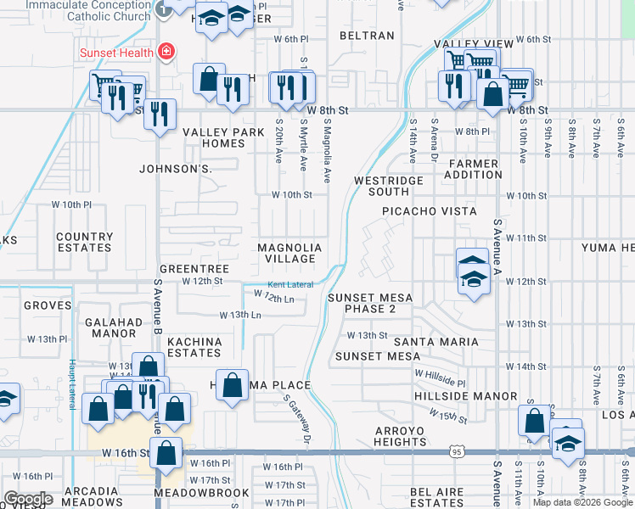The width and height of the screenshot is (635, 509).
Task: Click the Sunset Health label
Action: [x=116, y=53]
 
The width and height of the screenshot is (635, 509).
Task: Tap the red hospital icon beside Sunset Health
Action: [x=166, y=53]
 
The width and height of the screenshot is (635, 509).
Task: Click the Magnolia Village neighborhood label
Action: [x=290, y=253]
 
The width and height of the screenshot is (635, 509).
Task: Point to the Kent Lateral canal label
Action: [x=291, y=284]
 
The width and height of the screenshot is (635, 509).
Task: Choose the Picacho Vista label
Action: [x=429, y=210]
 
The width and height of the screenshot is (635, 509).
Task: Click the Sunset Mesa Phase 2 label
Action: [x=370, y=303]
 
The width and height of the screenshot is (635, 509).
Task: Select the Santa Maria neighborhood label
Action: [x=436, y=341]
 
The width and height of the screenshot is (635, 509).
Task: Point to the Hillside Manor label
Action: [x=466, y=396]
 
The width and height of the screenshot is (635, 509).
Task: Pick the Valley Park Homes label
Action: [x=214, y=137]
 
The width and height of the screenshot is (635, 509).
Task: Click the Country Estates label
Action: [x=84, y=243]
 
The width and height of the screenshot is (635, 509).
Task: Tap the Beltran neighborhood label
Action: [x=367, y=36]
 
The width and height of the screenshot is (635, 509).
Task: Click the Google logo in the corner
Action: [x=28, y=499]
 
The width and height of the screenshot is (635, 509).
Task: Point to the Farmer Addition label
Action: [x=475, y=169]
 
